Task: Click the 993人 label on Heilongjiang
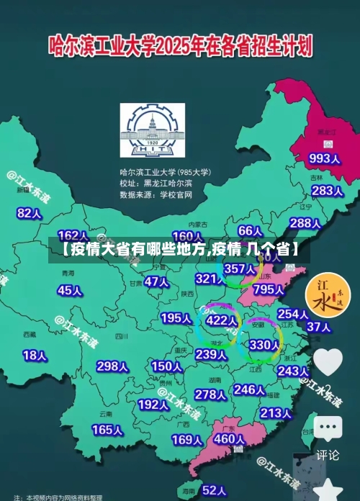pyautogui.click(x=324, y=158)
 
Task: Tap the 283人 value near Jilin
pyautogui.click(x=327, y=191)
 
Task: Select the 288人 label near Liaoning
pyautogui.click(x=305, y=223)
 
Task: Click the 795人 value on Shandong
pyautogui.click(x=269, y=289)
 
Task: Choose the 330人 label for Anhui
pyautogui.click(x=264, y=345)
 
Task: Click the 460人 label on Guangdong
pyautogui.click(x=230, y=438)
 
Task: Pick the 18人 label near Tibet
pyautogui.click(x=35, y=356)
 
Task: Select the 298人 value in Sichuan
pyautogui.click(x=112, y=366)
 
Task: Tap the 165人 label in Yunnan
pyautogui.click(x=107, y=430)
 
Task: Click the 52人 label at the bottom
pyautogui.click(x=215, y=490)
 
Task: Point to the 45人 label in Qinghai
pyautogui.click(x=70, y=291)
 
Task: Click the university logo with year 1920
pyautogui.click(x=152, y=132)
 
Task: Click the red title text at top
pyautogui.click(x=180, y=47)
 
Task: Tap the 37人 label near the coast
pyautogui.click(x=318, y=327)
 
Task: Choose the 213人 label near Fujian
pyautogui.click(x=276, y=413)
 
